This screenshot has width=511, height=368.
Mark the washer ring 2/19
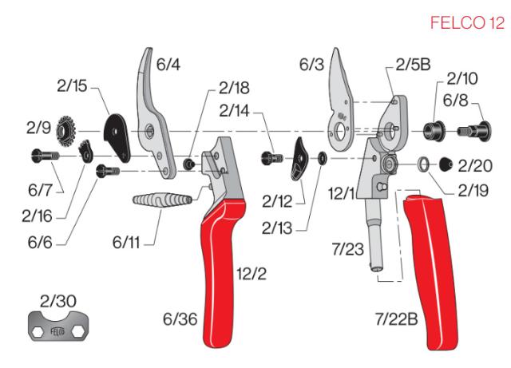tap(421, 164)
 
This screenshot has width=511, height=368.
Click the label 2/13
tap(276, 228)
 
